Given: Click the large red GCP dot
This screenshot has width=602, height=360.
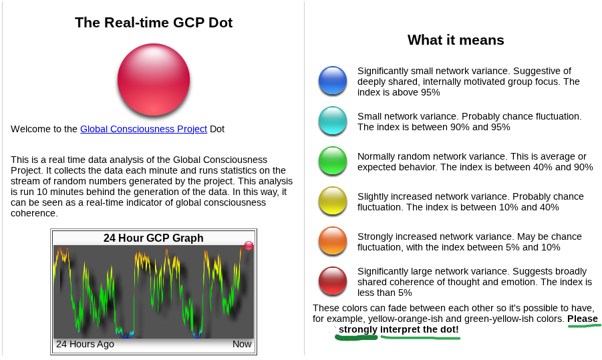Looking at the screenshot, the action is coord(154,79).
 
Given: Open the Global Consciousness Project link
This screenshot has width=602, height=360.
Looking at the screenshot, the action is coord(144,129).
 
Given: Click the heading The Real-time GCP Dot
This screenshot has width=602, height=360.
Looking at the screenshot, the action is coord(154,23).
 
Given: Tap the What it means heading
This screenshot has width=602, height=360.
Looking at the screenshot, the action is coord(456,40).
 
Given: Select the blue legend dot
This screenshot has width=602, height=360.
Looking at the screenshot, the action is coord(333,81).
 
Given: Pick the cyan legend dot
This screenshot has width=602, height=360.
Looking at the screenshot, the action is coord(333,120).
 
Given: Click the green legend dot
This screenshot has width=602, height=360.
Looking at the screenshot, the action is coord(333,161).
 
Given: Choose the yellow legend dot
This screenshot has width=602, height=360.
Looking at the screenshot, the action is coord(333,201).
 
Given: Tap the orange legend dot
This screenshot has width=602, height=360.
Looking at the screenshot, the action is coord(333,241).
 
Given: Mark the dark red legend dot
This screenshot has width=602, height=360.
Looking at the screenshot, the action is coord(333,281).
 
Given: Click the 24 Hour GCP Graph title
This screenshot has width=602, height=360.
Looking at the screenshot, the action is coord(154,238).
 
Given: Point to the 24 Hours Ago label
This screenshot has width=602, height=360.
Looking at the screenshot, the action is coord(86,344).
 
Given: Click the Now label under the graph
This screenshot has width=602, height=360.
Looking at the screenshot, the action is coord(242,344).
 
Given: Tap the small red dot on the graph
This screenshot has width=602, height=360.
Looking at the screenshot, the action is coord(249,246).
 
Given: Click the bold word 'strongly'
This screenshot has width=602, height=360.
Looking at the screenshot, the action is coord(358,330).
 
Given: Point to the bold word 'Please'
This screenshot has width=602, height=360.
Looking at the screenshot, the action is coord(583,319).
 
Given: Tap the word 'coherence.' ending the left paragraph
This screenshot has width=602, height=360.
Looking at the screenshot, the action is coord(34,213).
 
